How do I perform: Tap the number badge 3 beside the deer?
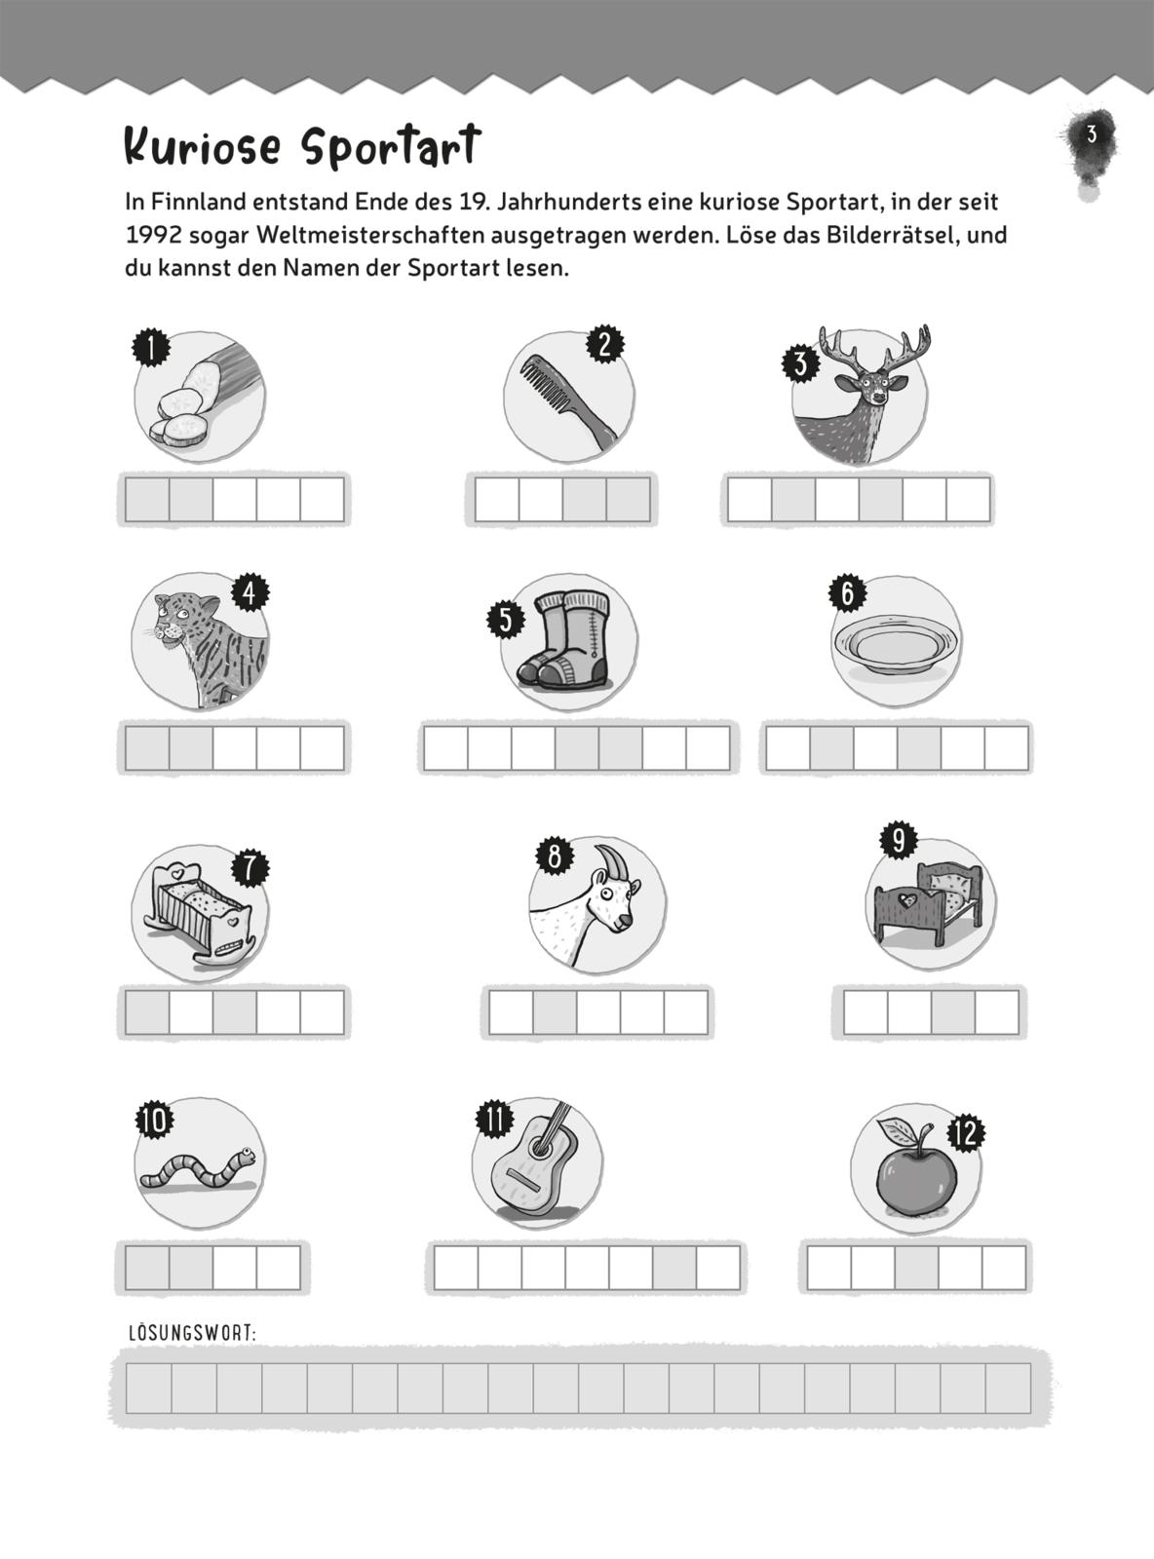click(x=800, y=364)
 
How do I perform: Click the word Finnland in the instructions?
click(x=196, y=203)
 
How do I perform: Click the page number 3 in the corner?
click(x=1091, y=134)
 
